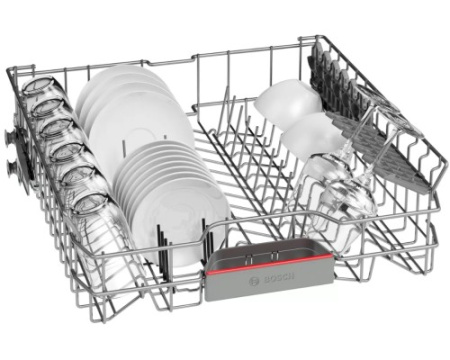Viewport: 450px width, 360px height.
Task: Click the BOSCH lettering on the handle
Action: (279, 278)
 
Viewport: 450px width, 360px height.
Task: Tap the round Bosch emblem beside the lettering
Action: (255, 281)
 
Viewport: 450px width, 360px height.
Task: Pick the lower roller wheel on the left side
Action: (11, 166)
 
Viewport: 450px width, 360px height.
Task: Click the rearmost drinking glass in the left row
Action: (38, 89)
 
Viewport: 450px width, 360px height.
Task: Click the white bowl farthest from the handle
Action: (287, 100)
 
